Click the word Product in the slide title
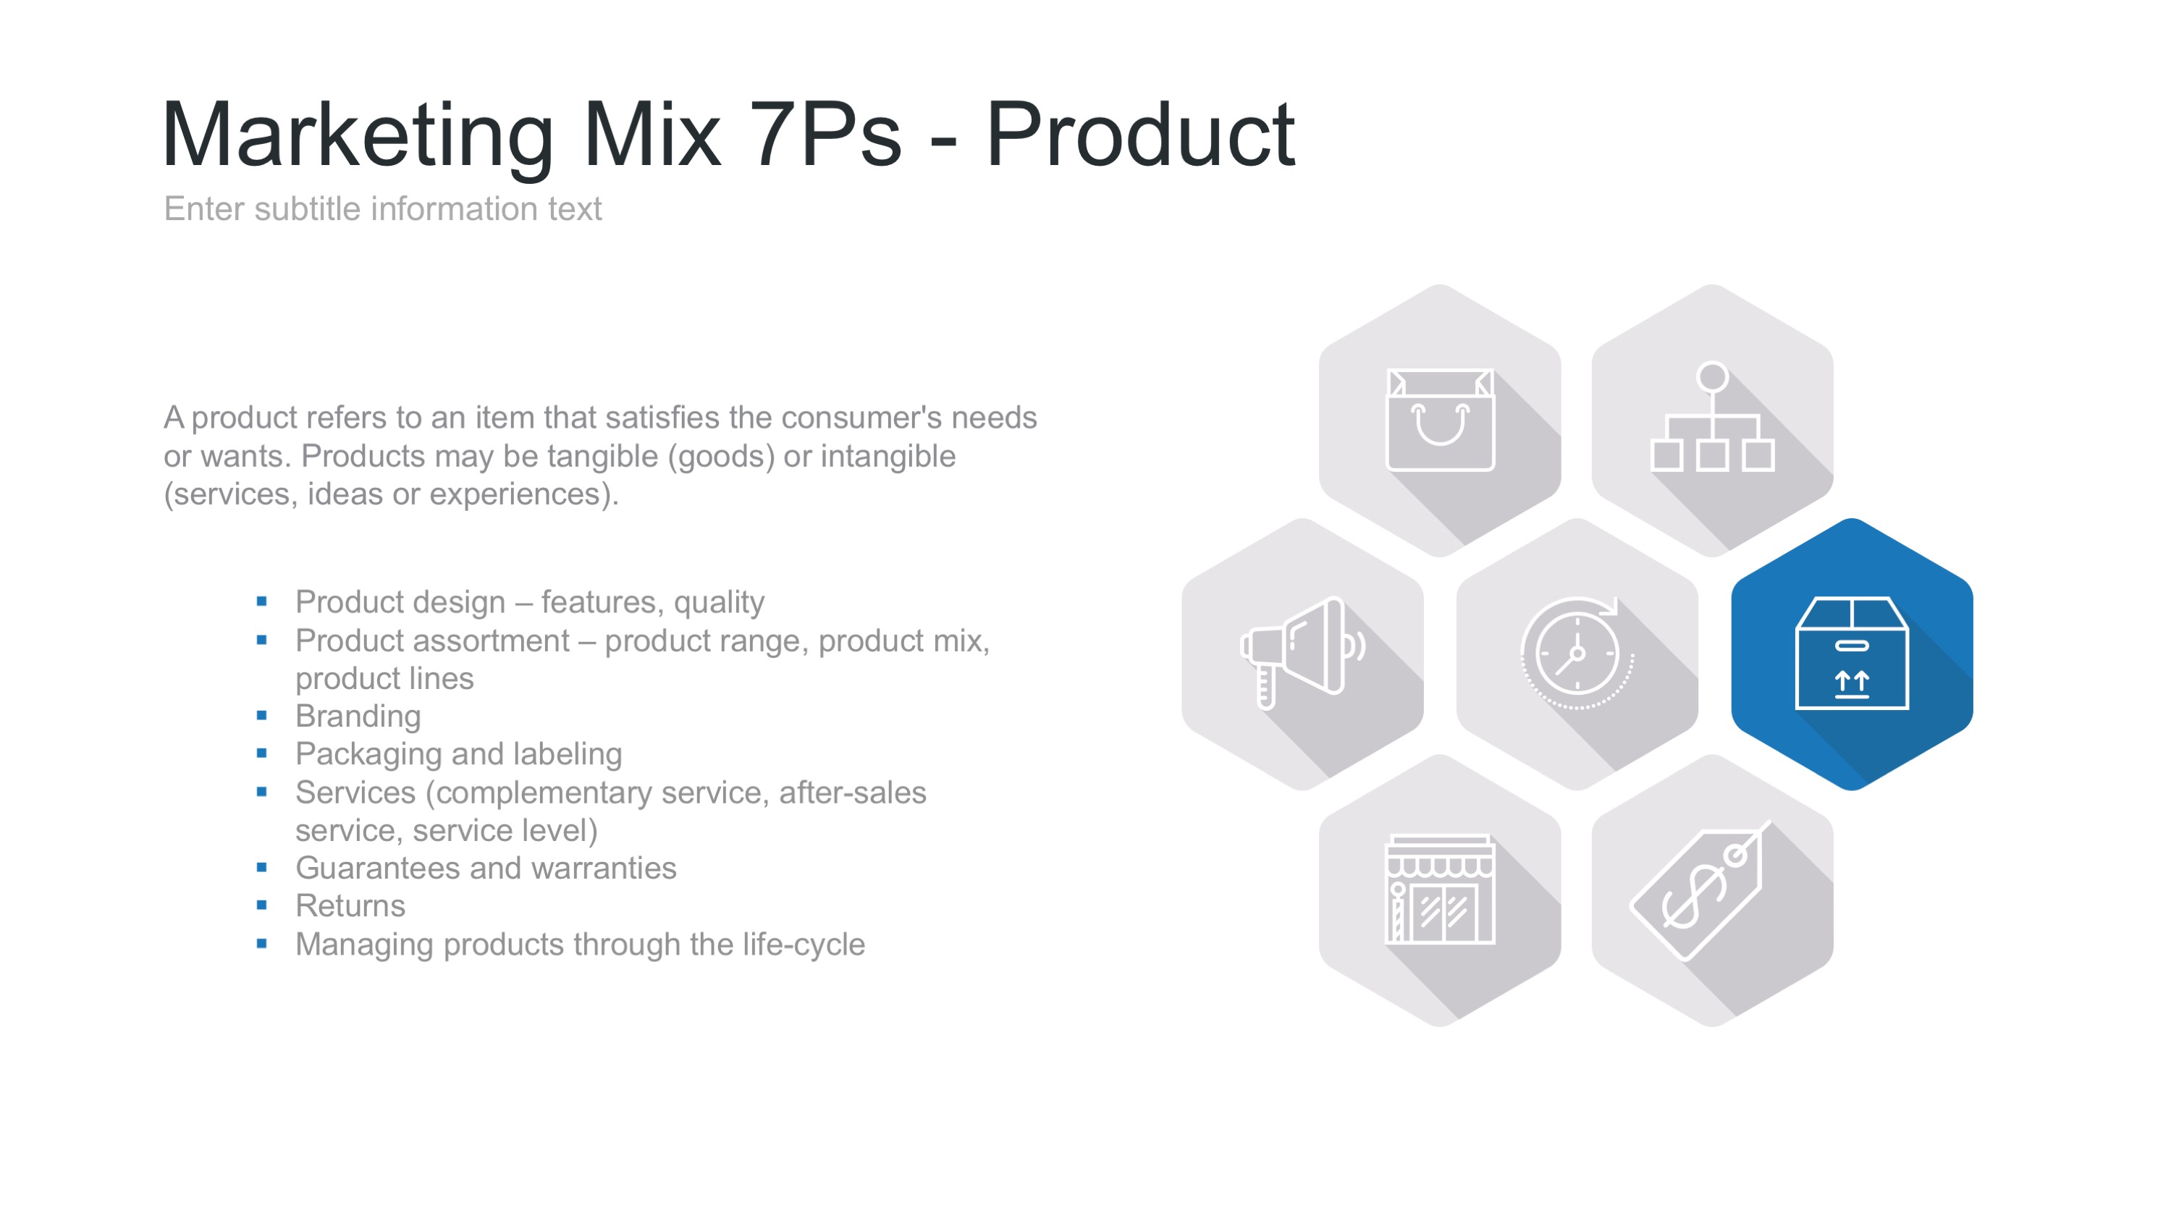tap(1140, 135)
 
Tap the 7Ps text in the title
tap(825, 135)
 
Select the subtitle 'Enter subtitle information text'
tap(383, 209)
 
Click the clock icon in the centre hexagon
tap(1577, 653)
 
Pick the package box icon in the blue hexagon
tap(1852, 653)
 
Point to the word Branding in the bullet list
tap(358, 717)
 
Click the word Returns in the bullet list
tap(350, 906)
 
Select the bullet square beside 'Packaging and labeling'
tap(262, 753)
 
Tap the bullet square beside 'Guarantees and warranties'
tap(262, 867)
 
